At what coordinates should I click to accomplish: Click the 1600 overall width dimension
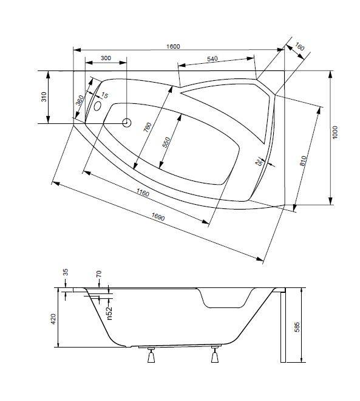click(x=173, y=46)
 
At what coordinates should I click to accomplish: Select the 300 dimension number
click(x=106, y=58)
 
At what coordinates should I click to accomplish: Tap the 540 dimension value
click(x=212, y=59)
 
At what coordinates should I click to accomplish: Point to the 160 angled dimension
click(x=299, y=47)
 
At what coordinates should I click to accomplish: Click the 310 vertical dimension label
click(x=44, y=97)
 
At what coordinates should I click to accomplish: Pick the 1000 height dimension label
click(x=335, y=132)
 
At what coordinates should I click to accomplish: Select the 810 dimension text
click(x=303, y=161)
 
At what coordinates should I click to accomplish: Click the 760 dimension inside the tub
click(x=148, y=128)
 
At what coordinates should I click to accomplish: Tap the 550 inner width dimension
click(x=166, y=142)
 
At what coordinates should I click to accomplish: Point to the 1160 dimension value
click(x=143, y=193)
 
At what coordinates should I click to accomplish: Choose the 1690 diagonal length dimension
click(x=158, y=217)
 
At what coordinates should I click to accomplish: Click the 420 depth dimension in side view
click(x=53, y=319)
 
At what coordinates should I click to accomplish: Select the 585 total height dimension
click(x=297, y=327)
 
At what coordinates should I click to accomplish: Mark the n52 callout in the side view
click(x=109, y=313)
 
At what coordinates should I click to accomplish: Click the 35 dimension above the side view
click(x=66, y=272)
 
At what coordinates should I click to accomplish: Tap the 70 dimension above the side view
click(x=99, y=273)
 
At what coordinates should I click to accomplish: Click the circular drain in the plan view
click(x=126, y=123)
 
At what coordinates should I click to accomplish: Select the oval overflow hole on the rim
click(x=97, y=106)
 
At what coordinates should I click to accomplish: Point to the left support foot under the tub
click(x=151, y=354)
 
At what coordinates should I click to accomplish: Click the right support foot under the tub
click(x=215, y=354)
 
